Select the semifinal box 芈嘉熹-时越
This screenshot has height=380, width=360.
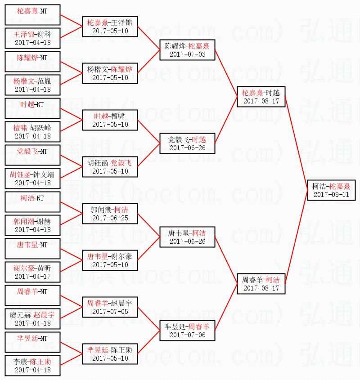(261, 97)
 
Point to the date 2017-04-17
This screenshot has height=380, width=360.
(33, 276)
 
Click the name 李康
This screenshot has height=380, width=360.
(22, 362)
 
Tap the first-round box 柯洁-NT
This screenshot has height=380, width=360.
(33, 202)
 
